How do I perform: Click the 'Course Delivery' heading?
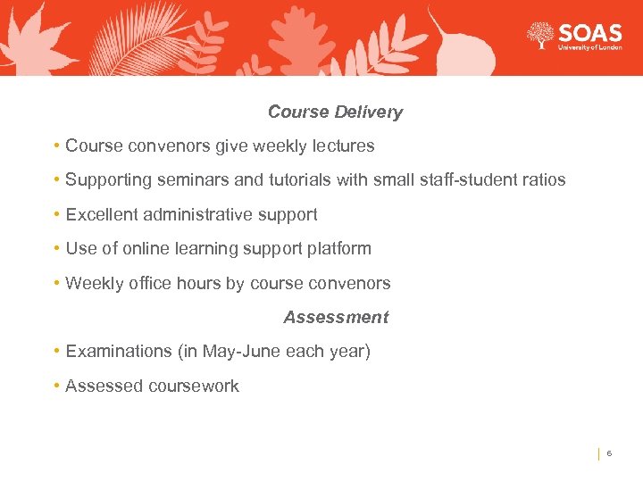coord(335,112)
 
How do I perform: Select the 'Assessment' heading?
coord(336,318)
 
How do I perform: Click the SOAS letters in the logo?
coord(589,33)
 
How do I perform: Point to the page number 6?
coord(609,454)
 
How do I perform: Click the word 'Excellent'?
coord(100,215)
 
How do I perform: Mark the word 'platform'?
coord(338,249)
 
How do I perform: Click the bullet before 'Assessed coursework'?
coord(56,386)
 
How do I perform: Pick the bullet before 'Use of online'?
coord(56,249)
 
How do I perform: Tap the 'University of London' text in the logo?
coord(589,48)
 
